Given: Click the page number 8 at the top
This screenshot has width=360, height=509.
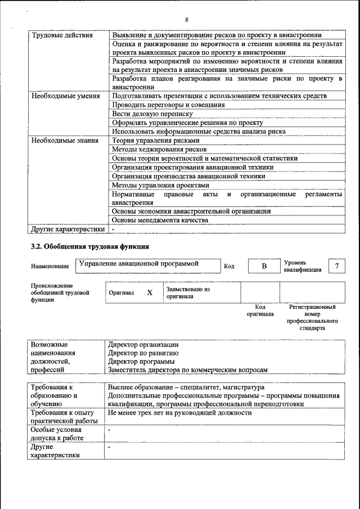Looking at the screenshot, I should tap(186, 21).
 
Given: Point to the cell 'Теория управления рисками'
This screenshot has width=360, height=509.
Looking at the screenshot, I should tap(155, 141).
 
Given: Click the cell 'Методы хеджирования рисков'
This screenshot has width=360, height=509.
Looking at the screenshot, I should tap(159, 150).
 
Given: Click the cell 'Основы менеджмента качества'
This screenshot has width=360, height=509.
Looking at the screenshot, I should tap(160, 220).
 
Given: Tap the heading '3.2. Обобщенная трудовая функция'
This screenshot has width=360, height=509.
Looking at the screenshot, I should tap(89, 246).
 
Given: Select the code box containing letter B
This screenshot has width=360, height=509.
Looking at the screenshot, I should tap(263, 265).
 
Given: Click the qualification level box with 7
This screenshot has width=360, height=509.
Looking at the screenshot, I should tap(336, 265).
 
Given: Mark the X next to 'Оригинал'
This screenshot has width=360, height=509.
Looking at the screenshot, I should tap(150, 292).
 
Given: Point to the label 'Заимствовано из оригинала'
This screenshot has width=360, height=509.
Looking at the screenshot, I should tap(187, 292).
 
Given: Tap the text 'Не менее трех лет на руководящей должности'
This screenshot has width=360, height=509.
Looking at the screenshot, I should tap(180, 413).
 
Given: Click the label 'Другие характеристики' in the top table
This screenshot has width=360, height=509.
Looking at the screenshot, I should tap(67, 229).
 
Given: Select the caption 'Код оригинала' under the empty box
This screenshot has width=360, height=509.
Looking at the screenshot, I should tap(260, 310).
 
